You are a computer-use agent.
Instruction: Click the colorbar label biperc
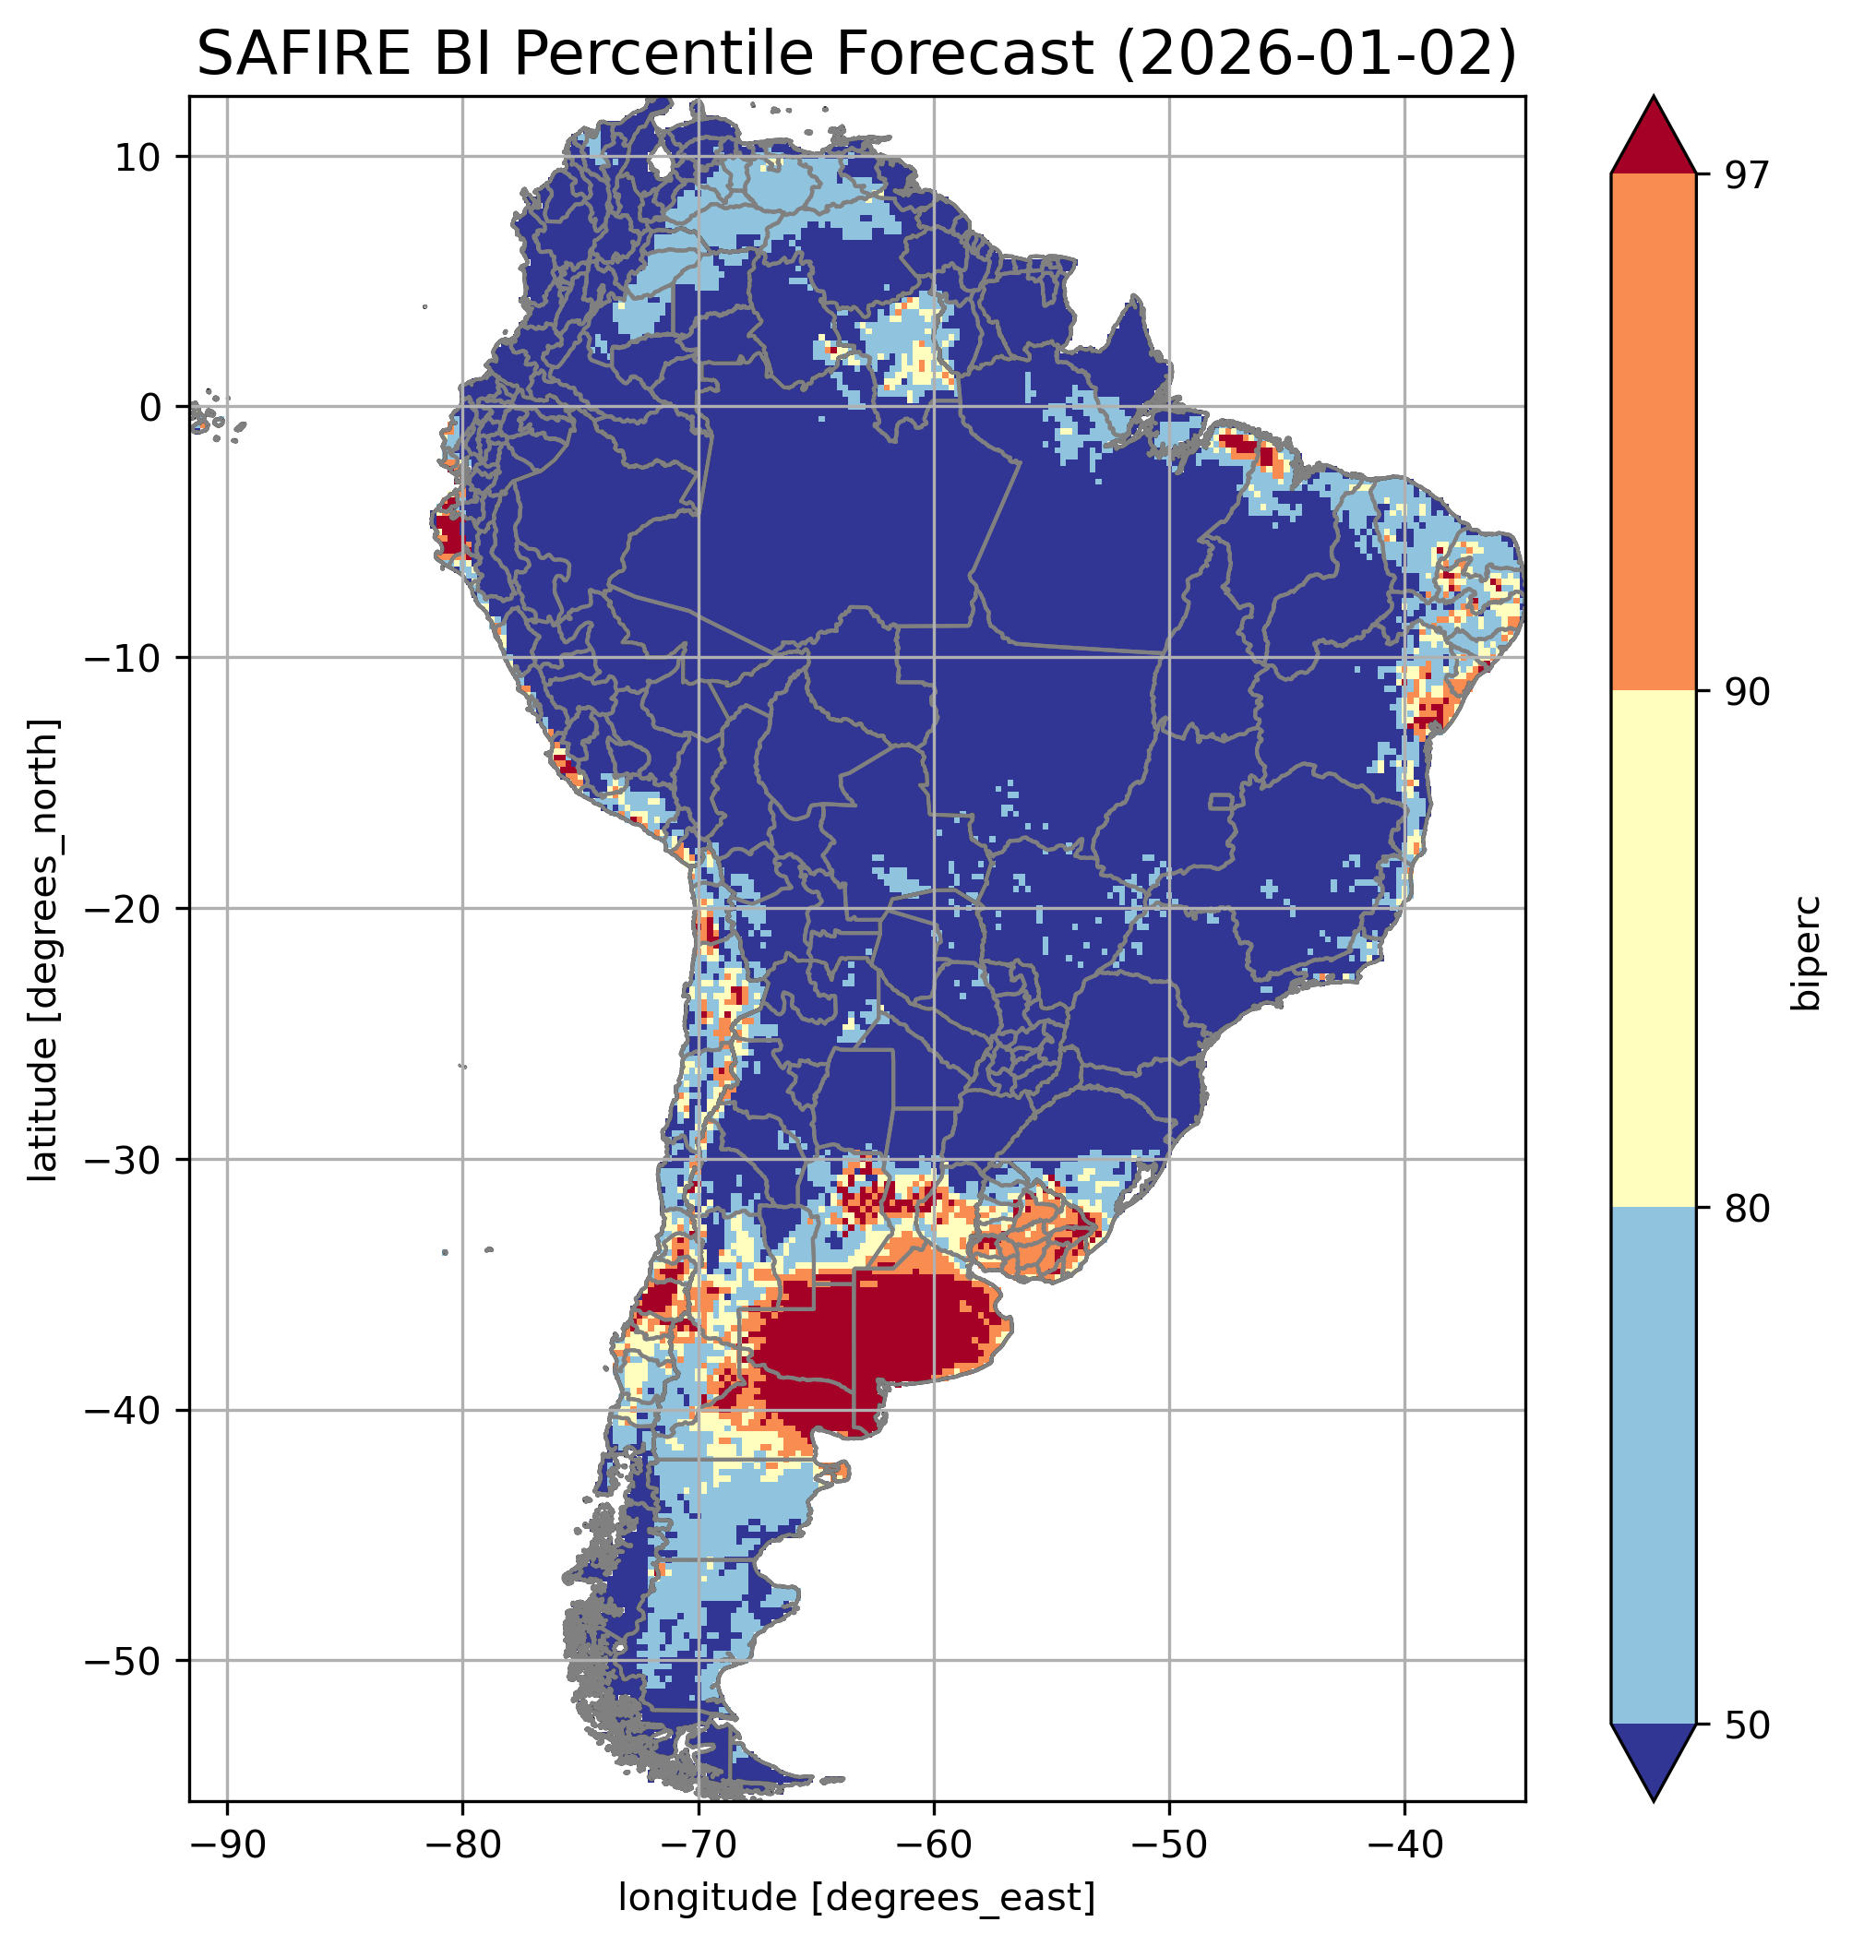(x=1809, y=950)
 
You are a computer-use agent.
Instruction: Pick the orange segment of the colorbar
(x=1653, y=433)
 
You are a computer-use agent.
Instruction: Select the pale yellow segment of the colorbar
(x=1653, y=949)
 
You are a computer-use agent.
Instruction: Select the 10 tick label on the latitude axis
(x=139, y=157)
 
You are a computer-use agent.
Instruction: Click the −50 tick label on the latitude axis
(x=124, y=1662)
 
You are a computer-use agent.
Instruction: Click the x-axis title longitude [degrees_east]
(x=857, y=1896)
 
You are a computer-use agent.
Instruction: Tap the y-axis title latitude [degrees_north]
(x=42, y=950)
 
